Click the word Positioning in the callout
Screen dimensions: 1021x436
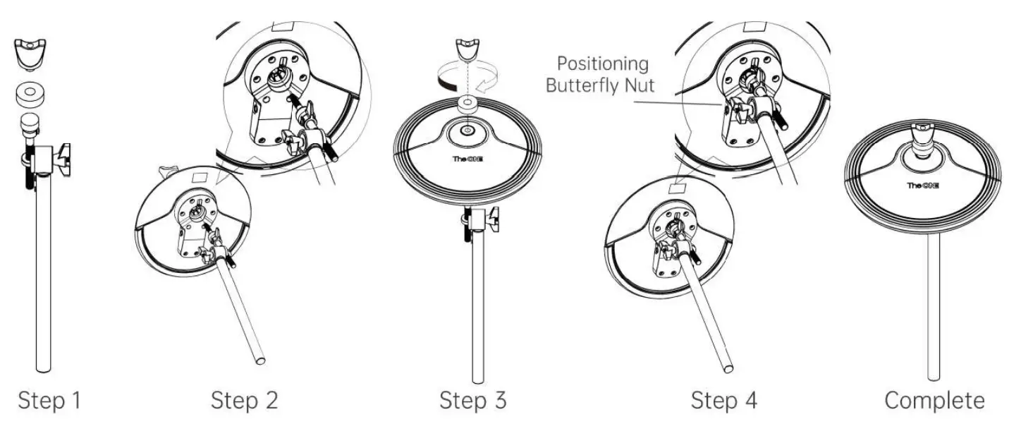point(602,63)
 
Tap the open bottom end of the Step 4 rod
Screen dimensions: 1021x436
point(728,368)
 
